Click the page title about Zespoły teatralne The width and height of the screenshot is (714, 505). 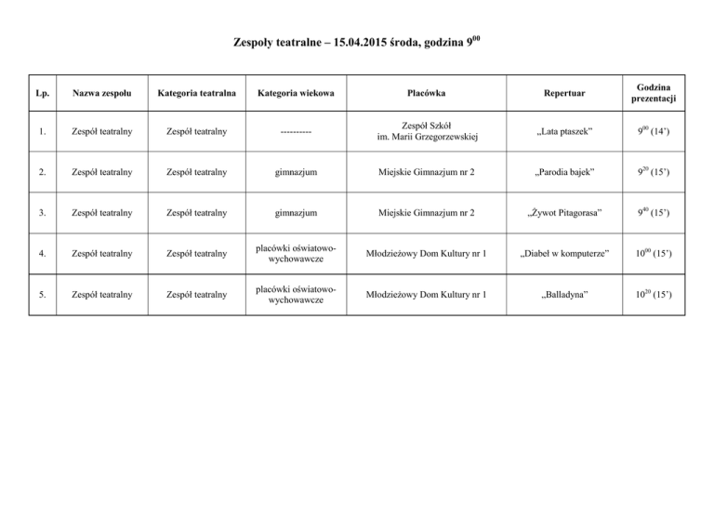tap(357, 42)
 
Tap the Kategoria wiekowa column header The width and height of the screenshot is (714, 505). tap(296, 93)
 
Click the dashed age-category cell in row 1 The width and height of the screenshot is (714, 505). tap(296, 134)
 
